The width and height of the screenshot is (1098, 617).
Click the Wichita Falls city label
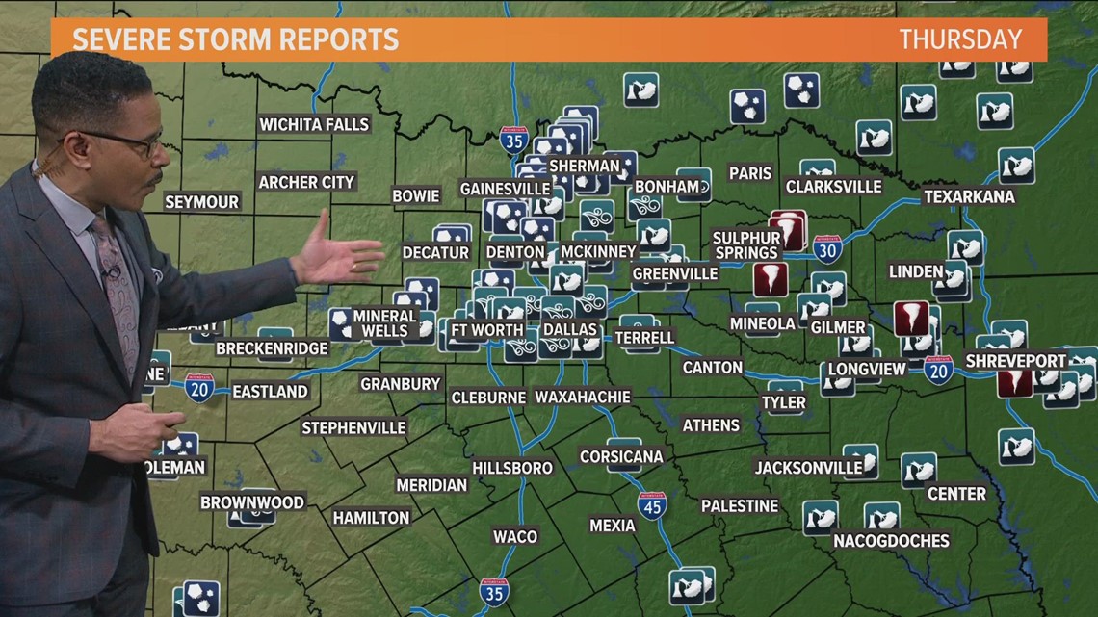point(314,124)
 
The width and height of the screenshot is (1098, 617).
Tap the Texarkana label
point(969,196)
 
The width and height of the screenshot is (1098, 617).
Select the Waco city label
point(515,536)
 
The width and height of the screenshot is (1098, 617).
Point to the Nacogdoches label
point(891,541)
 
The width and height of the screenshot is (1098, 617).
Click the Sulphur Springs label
point(746,245)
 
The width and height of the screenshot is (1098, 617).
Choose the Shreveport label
point(1016,361)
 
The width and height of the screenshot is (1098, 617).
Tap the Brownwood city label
point(252,502)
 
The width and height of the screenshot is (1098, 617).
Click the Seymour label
point(201,202)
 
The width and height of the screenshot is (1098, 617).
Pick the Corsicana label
point(621,456)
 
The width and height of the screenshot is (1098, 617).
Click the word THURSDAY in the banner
point(960,39)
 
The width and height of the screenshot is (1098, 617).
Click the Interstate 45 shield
point(652,505)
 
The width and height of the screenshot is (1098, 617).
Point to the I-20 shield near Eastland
point(200,388)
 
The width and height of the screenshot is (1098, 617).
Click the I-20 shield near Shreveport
point(938,371)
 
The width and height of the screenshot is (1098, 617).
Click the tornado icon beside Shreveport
point(1013,383)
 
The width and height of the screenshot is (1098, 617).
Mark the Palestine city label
point(739,505)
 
